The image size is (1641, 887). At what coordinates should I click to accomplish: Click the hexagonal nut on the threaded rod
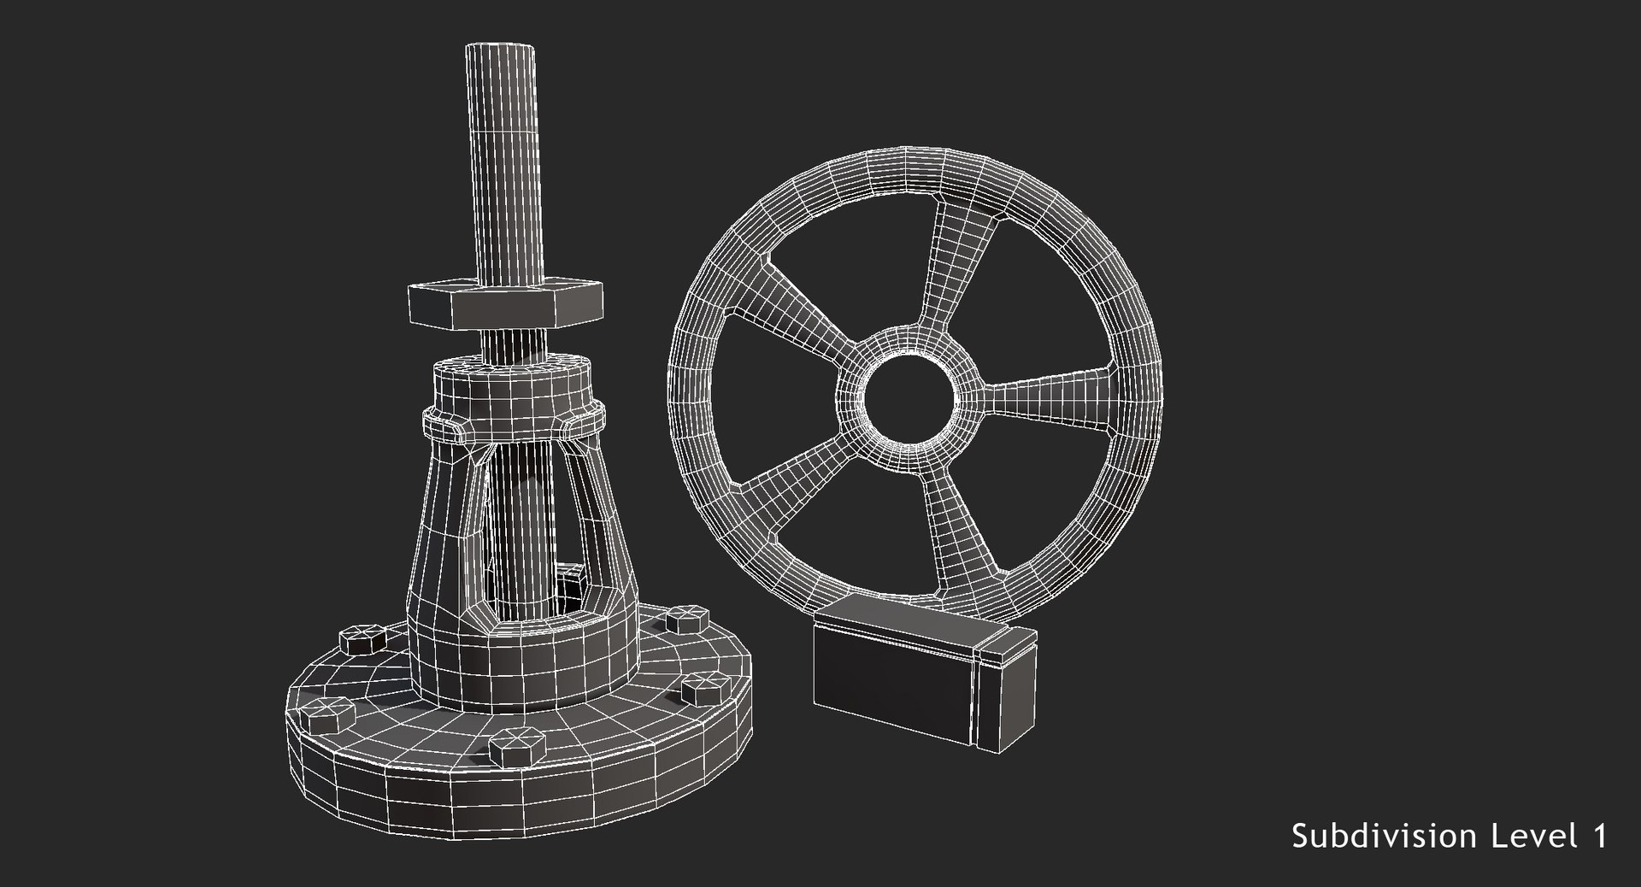click(x=505, y=305)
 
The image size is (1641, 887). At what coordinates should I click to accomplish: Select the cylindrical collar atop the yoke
click(x=511, y=389)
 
